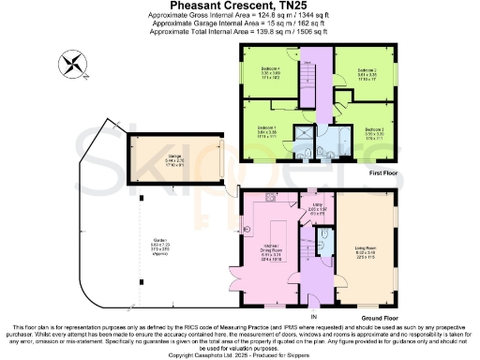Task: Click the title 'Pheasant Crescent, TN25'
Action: (239, 6)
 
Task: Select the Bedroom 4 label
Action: (271, 72)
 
